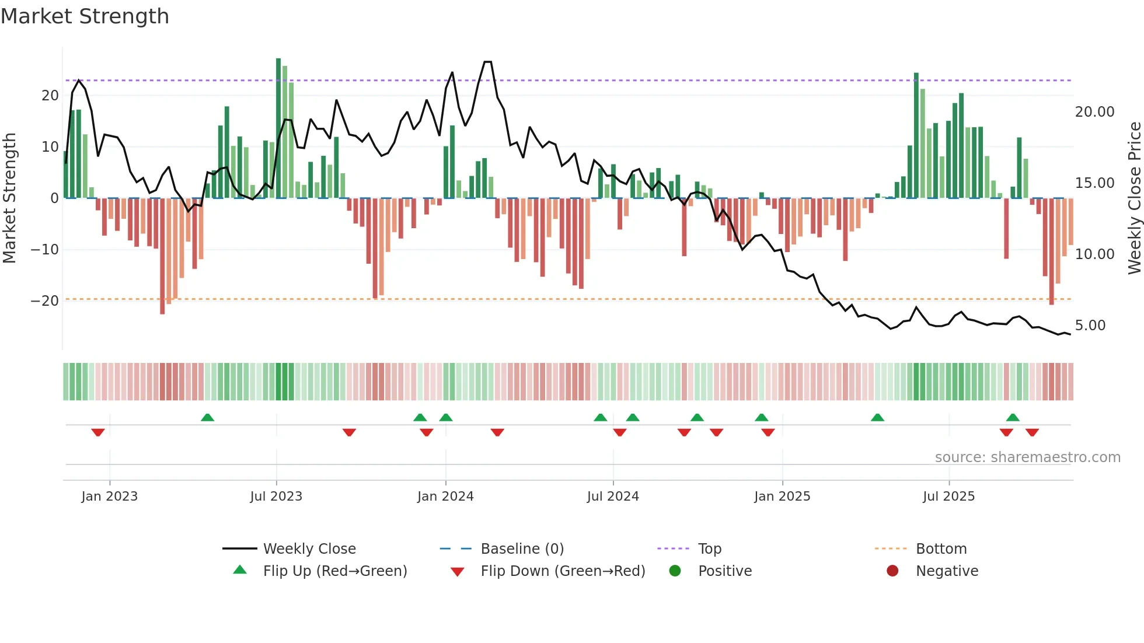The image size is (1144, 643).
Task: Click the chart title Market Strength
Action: click(85, 16)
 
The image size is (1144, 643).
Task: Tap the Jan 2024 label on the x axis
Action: click(445, 497)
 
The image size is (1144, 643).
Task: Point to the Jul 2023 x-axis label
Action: click(276, 497)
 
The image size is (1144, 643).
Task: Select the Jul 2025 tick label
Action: click(948, 497)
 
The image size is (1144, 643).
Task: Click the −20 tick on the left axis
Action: click(45, 301)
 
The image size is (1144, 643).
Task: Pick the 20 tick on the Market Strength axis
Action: click(50, 96)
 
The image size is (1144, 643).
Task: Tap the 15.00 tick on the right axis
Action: click(1094, 183)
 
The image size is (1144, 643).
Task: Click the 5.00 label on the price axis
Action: click(1090, 326)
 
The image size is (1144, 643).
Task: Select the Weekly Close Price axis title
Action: click(1134, 198)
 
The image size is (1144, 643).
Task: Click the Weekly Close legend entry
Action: click(309, 549)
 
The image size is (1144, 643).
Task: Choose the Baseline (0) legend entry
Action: click(522, 549)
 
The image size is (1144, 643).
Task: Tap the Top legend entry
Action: click(709, 549)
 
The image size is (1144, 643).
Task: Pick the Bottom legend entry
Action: click(941, 549)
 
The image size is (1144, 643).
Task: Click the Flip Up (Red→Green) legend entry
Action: click(334, 571)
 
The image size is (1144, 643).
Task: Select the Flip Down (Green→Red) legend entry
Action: click(563, 571)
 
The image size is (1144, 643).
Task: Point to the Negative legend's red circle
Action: click(892, 571)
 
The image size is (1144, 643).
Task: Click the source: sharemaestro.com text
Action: click(1027, 457)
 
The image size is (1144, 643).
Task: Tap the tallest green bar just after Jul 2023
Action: click(278, 128)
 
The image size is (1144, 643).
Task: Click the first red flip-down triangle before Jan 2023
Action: click(98, 432)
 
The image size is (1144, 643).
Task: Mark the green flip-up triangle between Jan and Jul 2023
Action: click(207, 417)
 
